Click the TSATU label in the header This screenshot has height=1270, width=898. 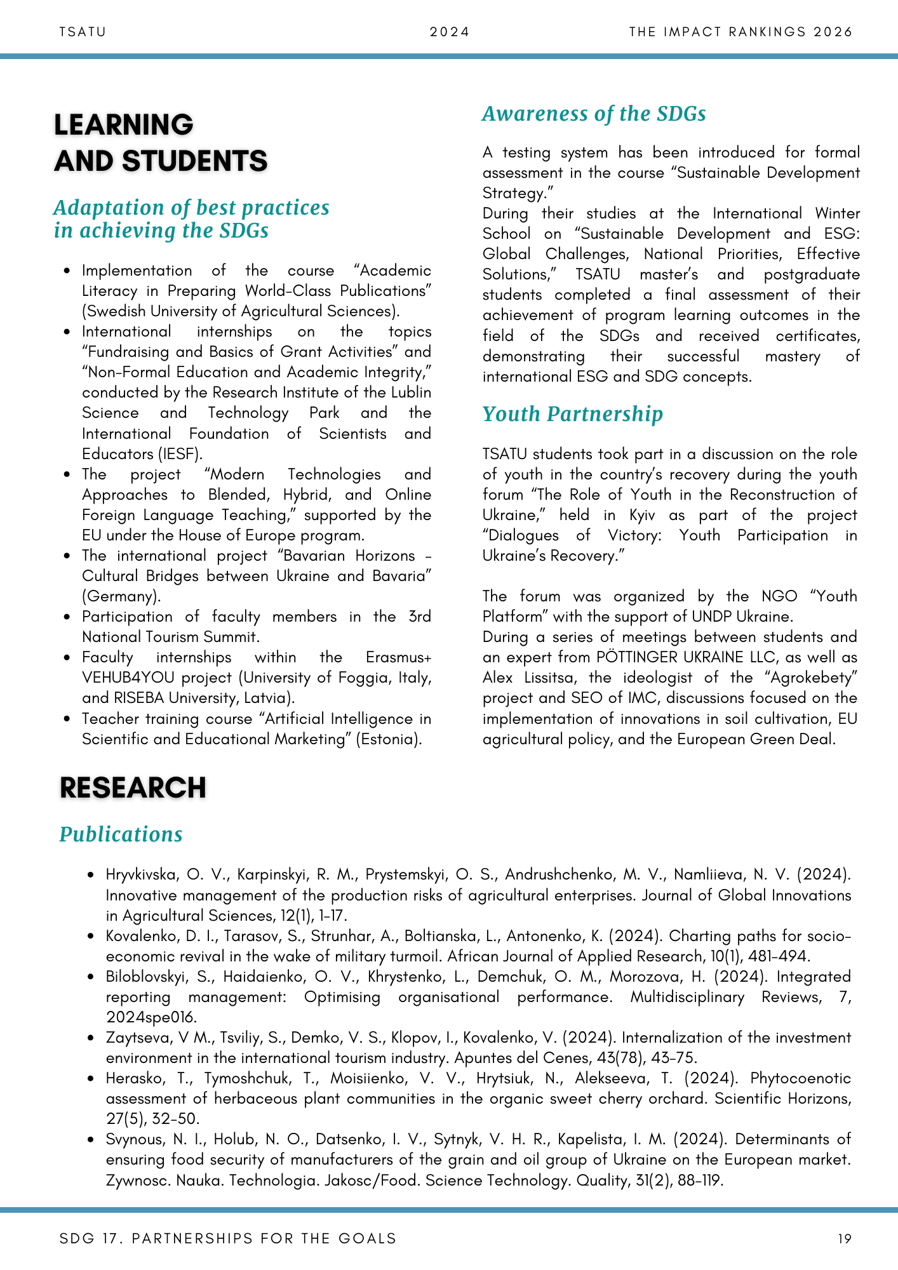tap(83, 32)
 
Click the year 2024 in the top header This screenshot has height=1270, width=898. tap(450, 32)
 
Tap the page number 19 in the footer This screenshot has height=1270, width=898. tap(845, 1238)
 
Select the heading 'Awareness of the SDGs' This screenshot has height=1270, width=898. tap(594, 114)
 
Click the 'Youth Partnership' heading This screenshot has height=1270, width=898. tap(572, 414)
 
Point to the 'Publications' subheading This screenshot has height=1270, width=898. tap(121, 834)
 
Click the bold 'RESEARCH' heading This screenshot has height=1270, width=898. tap(133, 788)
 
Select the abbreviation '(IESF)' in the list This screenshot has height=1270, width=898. tap(186, 454)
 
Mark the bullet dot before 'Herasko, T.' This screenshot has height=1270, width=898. tap(91, 1079)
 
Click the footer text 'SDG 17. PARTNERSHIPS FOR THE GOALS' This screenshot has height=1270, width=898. tap(227, 1238)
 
